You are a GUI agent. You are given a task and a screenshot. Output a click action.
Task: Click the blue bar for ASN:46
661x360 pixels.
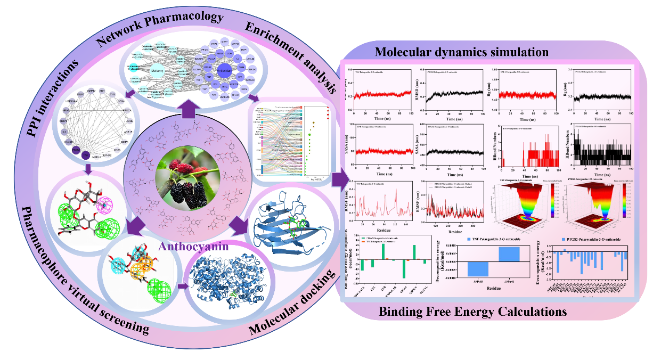(510, 254)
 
